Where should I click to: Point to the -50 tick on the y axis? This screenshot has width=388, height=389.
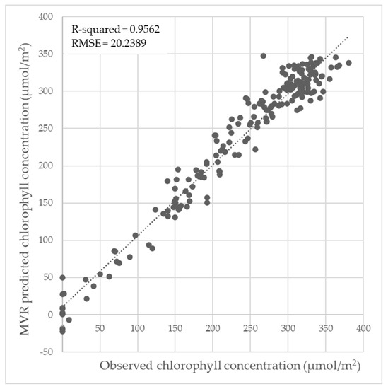[49, 352]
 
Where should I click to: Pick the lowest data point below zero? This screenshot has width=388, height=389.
[62, 331]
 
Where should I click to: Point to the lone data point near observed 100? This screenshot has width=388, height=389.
[136, 236]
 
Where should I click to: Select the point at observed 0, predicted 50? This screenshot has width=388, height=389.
[62, 278]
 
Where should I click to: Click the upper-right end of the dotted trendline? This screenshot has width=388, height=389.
[349, 37]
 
